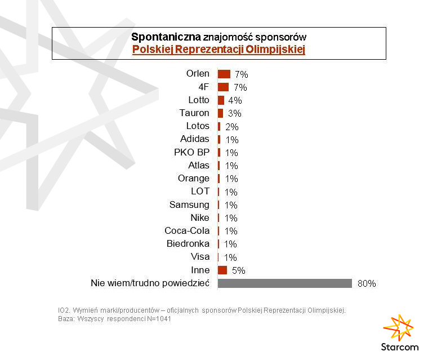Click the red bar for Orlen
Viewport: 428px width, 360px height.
(x=224, y=74)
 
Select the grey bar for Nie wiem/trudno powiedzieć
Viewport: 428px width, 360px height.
(x=284, y=283)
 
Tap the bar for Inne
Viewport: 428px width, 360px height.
(x=222, y=270)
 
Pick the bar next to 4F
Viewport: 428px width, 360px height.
(x=223, y=87)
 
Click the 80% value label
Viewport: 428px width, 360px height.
(x=367, y=283)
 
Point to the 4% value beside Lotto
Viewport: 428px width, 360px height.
(x=235, y=100)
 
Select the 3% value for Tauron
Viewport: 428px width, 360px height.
(x=234, y=113)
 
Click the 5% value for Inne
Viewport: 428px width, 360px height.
(x=238, y=270)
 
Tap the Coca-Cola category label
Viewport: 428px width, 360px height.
(x=187, y=231)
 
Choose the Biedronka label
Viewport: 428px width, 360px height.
(x=188, y=244)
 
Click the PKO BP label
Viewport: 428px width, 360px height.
(x=191, y=152)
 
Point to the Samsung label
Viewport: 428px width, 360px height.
(x=189, y=205)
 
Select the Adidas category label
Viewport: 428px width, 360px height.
(x=194, y=139)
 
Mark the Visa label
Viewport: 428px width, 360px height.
(x=200, y=257)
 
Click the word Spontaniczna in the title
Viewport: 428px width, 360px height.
(x=166, y=37)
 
